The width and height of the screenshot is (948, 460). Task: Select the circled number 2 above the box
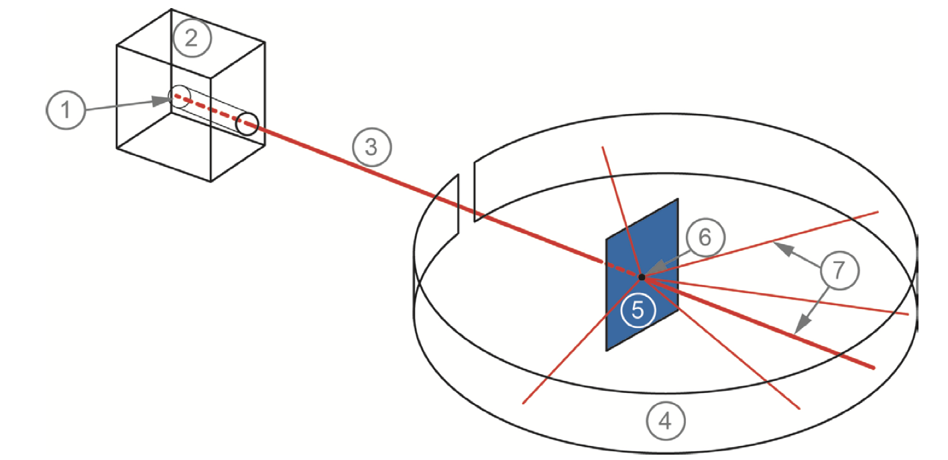pos(192,39)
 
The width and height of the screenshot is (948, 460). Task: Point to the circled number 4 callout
pos(665,422)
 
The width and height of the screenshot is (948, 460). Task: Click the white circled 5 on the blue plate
pos(638,310)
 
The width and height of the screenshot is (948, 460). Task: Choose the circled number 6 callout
pos(705,237)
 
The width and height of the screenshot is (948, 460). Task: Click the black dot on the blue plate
pos(642,276)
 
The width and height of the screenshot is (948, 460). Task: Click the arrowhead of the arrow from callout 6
pos(649,272)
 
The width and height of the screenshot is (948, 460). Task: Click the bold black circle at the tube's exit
pos(247,124)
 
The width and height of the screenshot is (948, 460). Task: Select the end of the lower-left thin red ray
pos(523,403)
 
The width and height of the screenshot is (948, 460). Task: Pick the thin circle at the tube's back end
pos(178,96)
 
